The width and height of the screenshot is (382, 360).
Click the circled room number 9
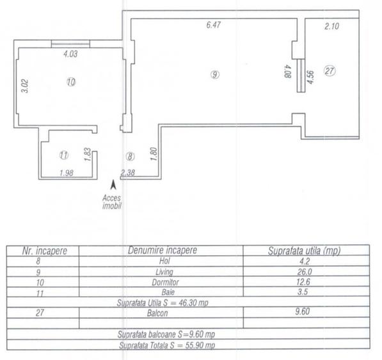214,74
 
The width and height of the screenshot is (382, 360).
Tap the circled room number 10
71,82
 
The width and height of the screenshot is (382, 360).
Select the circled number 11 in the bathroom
64,155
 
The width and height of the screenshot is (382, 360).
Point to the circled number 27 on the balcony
330,71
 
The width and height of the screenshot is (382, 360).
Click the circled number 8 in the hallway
130,157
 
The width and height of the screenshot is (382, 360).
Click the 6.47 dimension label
214,25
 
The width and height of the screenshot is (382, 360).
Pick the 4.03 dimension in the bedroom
70,54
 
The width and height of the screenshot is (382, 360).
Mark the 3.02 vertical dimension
25,86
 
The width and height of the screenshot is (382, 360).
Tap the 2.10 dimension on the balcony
331,26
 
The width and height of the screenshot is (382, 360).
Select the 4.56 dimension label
310,77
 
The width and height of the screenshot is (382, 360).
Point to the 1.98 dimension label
67,173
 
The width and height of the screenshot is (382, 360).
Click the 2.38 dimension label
128,173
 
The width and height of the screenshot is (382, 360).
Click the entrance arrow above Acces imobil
113,184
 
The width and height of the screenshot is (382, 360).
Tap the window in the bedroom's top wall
70,44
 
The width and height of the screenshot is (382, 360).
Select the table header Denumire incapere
163,250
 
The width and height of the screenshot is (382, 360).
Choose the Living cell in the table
164,272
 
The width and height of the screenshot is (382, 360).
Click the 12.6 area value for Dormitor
303,282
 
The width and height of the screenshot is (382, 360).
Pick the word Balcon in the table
157,313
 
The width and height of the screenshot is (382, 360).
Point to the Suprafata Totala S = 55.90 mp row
167,345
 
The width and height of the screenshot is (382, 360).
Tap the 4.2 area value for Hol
305,261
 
